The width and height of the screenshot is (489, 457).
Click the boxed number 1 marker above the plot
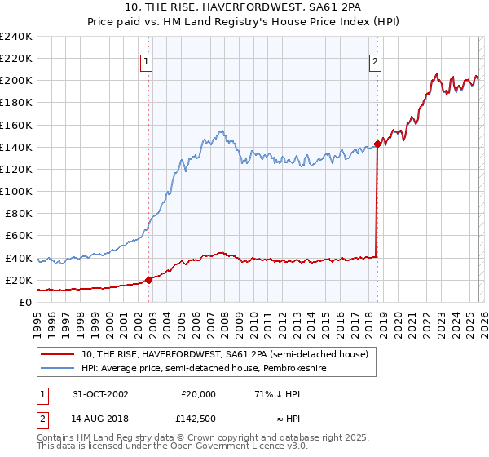coord(146,60)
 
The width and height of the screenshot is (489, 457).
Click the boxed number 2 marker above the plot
coord(376,60)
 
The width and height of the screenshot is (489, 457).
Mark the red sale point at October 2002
coord(148,280)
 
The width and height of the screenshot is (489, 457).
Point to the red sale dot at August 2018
coord(377,144)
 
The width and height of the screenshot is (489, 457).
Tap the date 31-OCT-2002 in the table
coord(100,393)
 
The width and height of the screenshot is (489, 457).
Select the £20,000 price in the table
coord(198,393)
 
